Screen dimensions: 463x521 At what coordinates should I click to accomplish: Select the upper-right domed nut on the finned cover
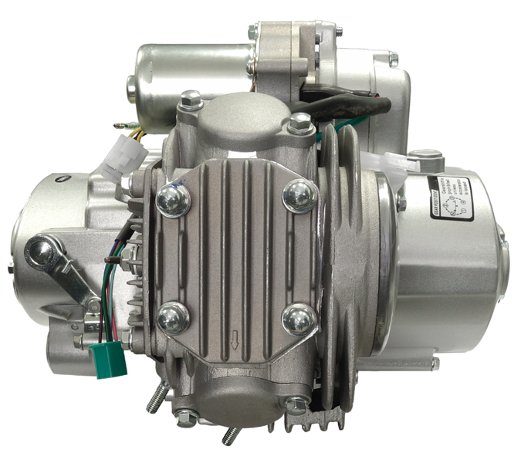[x=299, y=196]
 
